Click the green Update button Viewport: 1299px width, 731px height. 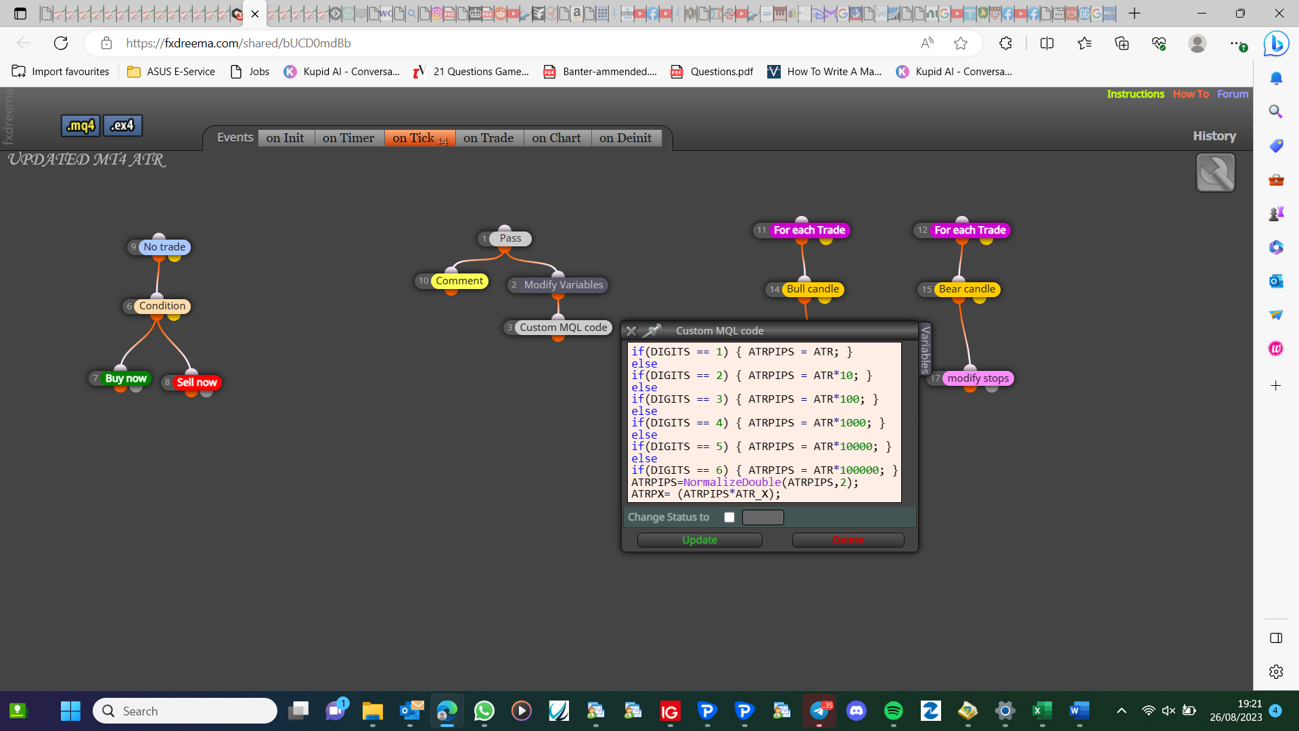700,540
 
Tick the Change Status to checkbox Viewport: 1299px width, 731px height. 729,517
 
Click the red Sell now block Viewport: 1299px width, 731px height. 197,382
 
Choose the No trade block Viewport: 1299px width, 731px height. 164,247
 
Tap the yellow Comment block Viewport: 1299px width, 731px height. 459,281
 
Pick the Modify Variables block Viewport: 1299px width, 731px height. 564,285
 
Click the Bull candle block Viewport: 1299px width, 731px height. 813,289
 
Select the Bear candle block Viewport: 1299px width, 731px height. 967,289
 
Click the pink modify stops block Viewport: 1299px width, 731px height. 978,378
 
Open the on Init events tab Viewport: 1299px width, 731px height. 285,138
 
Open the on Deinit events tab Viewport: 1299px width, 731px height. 626,138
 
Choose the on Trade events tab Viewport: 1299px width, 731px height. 488,138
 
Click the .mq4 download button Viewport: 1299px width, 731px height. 81,125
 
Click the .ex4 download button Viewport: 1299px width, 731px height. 122,125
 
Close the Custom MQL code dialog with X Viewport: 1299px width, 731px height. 631,331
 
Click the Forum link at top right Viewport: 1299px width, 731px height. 1233,94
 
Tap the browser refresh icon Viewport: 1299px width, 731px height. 61,43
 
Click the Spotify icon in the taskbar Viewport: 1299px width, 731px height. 894,711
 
